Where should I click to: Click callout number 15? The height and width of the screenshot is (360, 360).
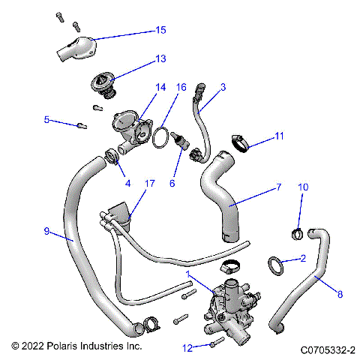pyautogui.click(x=160, y=31)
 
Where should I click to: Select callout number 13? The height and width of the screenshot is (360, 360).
pyautogui.click(x=160, y=58)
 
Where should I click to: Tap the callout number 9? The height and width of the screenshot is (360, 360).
pyautogui.click(x=46, y=232)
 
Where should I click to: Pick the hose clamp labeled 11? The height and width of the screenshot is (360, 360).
pyautogui.click(x=235, y=140)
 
